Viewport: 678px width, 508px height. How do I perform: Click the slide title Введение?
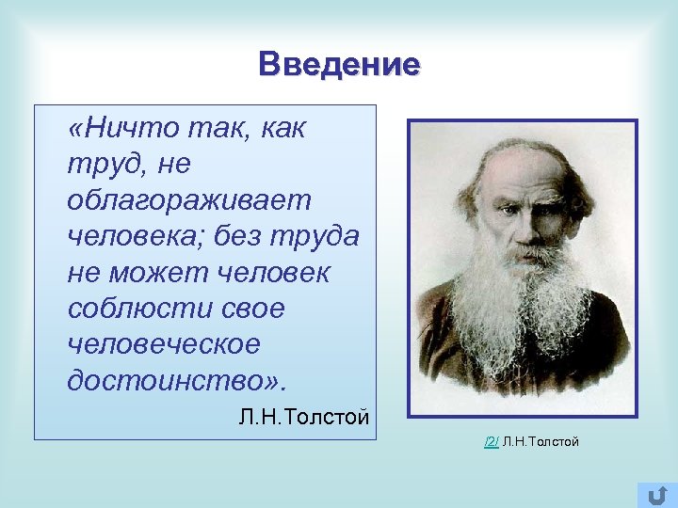(x=340, y=65)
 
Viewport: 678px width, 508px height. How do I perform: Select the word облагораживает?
(x=188, y=201)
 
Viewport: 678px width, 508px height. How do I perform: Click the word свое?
(x=250, y=309)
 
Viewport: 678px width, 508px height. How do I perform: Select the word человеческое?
(x=163, y=344)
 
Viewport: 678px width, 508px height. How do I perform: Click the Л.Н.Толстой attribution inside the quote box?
(x=303, y=417)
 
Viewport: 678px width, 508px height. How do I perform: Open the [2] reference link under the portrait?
(x=491, y=440)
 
